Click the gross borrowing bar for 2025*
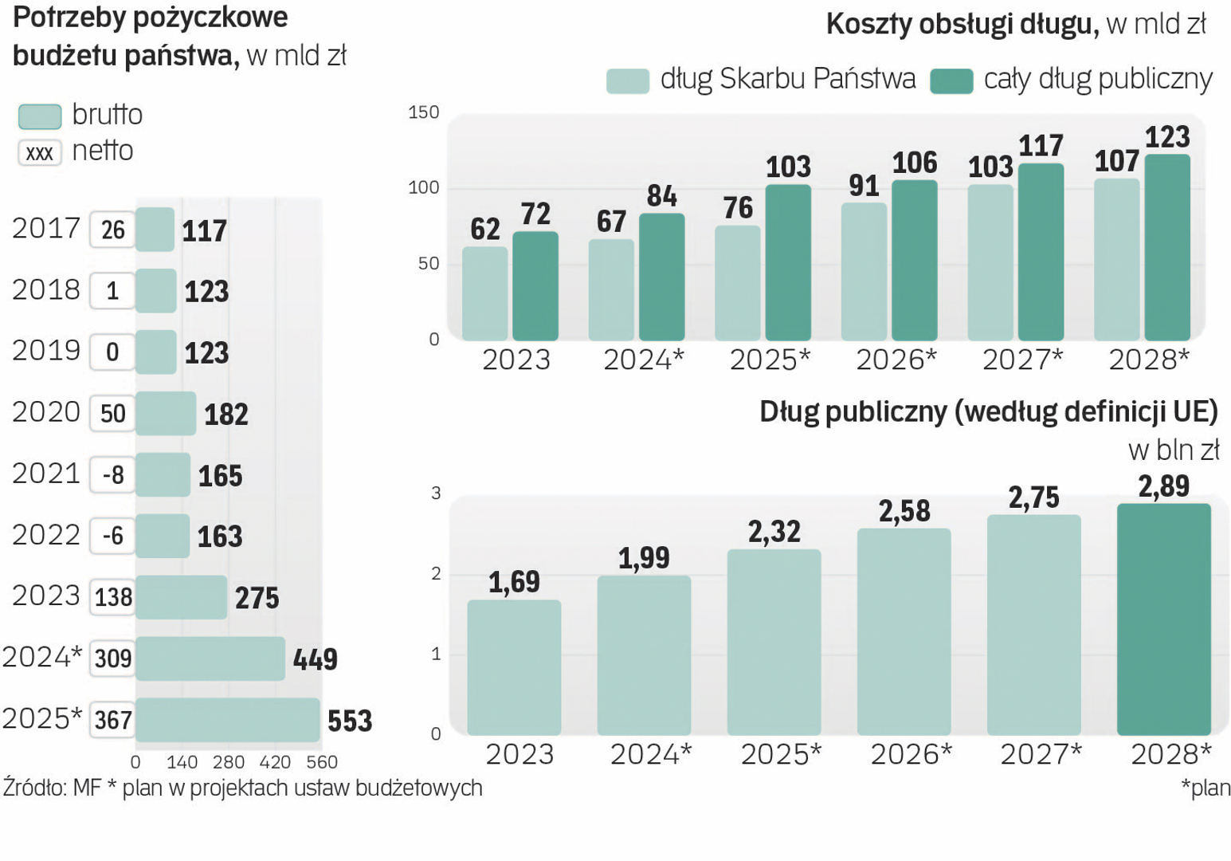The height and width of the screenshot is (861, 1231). (228, 720)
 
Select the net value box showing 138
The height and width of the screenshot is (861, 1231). (113, 597)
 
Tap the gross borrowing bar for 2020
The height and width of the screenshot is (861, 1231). (166, 413)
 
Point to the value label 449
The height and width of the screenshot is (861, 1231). (316, 659)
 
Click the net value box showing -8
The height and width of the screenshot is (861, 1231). (113, 475)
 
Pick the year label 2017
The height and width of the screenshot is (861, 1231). (46, 229)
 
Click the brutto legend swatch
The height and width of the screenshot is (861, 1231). (40, 116)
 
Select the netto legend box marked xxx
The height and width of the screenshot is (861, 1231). (40, 152)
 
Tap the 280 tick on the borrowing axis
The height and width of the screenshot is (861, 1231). (229, 762)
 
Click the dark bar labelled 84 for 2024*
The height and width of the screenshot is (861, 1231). (661, 277)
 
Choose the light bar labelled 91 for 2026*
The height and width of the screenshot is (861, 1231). (864, 271)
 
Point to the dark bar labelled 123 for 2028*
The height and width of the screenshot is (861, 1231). (1167, 247)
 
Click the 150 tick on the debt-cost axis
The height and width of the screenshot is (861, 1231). (424, 112)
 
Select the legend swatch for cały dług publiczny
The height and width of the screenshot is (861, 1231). (951, 81)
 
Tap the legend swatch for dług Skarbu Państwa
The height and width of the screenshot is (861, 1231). (628, 81)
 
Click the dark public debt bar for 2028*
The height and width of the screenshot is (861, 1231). (1163, 619)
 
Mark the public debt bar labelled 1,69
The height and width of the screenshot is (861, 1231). (514, 667)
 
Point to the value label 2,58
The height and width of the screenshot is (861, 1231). (904, 511)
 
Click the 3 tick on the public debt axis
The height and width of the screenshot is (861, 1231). (436, 493)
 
